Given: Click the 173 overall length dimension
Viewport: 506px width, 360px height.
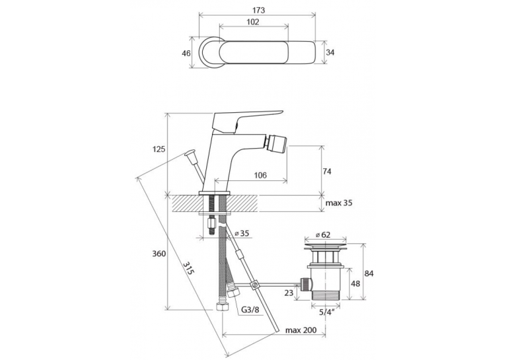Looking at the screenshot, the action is pos(258,11).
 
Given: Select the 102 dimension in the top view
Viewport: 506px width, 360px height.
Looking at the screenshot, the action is pos(253,22).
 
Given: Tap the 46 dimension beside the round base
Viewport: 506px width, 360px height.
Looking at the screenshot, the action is pos(186,54).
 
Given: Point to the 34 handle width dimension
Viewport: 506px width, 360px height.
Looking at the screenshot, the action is pos(330,52).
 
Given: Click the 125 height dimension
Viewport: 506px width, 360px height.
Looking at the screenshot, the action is pos(159,149).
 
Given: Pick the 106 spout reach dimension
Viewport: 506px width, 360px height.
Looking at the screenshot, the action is pos(260,175).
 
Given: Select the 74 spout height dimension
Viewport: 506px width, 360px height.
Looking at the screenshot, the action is pos(327,172).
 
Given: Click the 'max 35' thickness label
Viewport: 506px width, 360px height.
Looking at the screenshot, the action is pos(339,203).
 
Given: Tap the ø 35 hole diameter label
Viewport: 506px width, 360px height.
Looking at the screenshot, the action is pos(242,233).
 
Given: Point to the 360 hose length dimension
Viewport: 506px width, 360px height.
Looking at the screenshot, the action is pos(159,254).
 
